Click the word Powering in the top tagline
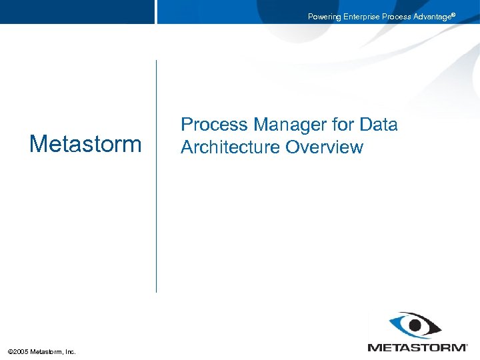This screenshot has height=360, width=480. click(x=323, y=17)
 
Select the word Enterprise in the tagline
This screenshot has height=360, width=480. click(x=361, y=17)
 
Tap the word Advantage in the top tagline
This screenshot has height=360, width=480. click(x=432, y=17)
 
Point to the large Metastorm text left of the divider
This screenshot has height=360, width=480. click(x=85, y=143)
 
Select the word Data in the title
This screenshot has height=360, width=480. click(x=378, y=125)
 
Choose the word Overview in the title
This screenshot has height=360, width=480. click(x=325, y=147)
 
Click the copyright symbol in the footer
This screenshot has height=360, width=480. click(x=10, y=351)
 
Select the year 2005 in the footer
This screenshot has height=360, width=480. click(x=21, y=351)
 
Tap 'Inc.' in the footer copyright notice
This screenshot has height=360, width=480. click(x=69, y=351)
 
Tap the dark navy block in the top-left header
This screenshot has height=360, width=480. click(x=77, y=11)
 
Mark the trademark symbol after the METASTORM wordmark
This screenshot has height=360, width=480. click(x=465, y=344)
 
